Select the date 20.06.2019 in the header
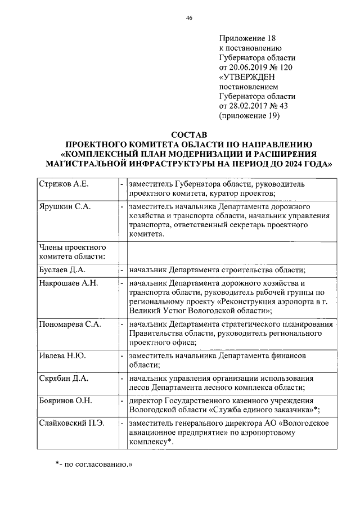tap(248, 67)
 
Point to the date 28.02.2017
tap(248, 106)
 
